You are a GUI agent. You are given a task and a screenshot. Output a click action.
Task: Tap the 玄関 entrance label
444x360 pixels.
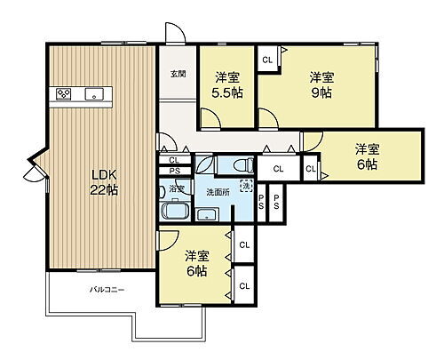(178, 75)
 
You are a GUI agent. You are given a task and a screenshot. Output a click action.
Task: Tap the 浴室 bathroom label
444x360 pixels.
(178, 189)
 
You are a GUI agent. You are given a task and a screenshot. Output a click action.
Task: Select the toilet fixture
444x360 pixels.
(244, 165)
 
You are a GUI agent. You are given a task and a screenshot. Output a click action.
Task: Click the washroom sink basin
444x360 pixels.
(209, 212)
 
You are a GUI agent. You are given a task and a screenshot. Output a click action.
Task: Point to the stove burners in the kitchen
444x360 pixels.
(63, 93)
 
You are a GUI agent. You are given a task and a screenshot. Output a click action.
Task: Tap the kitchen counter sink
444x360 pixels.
(92, 94)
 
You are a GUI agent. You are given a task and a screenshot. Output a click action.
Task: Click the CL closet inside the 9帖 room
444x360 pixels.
(267, 60)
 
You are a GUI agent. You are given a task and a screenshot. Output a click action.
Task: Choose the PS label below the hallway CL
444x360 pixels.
(174, 172)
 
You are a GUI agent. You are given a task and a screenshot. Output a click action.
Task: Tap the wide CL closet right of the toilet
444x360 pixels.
(278, 168)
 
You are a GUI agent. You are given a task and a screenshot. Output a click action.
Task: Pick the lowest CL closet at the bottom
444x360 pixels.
(243, 285)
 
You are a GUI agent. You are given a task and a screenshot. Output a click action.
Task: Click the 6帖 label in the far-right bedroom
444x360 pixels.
(367, 156)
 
